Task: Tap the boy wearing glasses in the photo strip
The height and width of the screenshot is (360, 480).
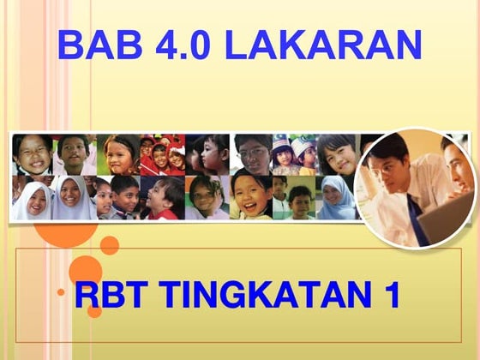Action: click(x=254, y=154)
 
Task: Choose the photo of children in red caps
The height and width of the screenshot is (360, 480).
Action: click(x=162, y=154)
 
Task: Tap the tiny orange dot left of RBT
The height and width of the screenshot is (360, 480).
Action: click(x=61, y=293)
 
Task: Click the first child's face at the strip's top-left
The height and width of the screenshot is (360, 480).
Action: click(x=33, y=154)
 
